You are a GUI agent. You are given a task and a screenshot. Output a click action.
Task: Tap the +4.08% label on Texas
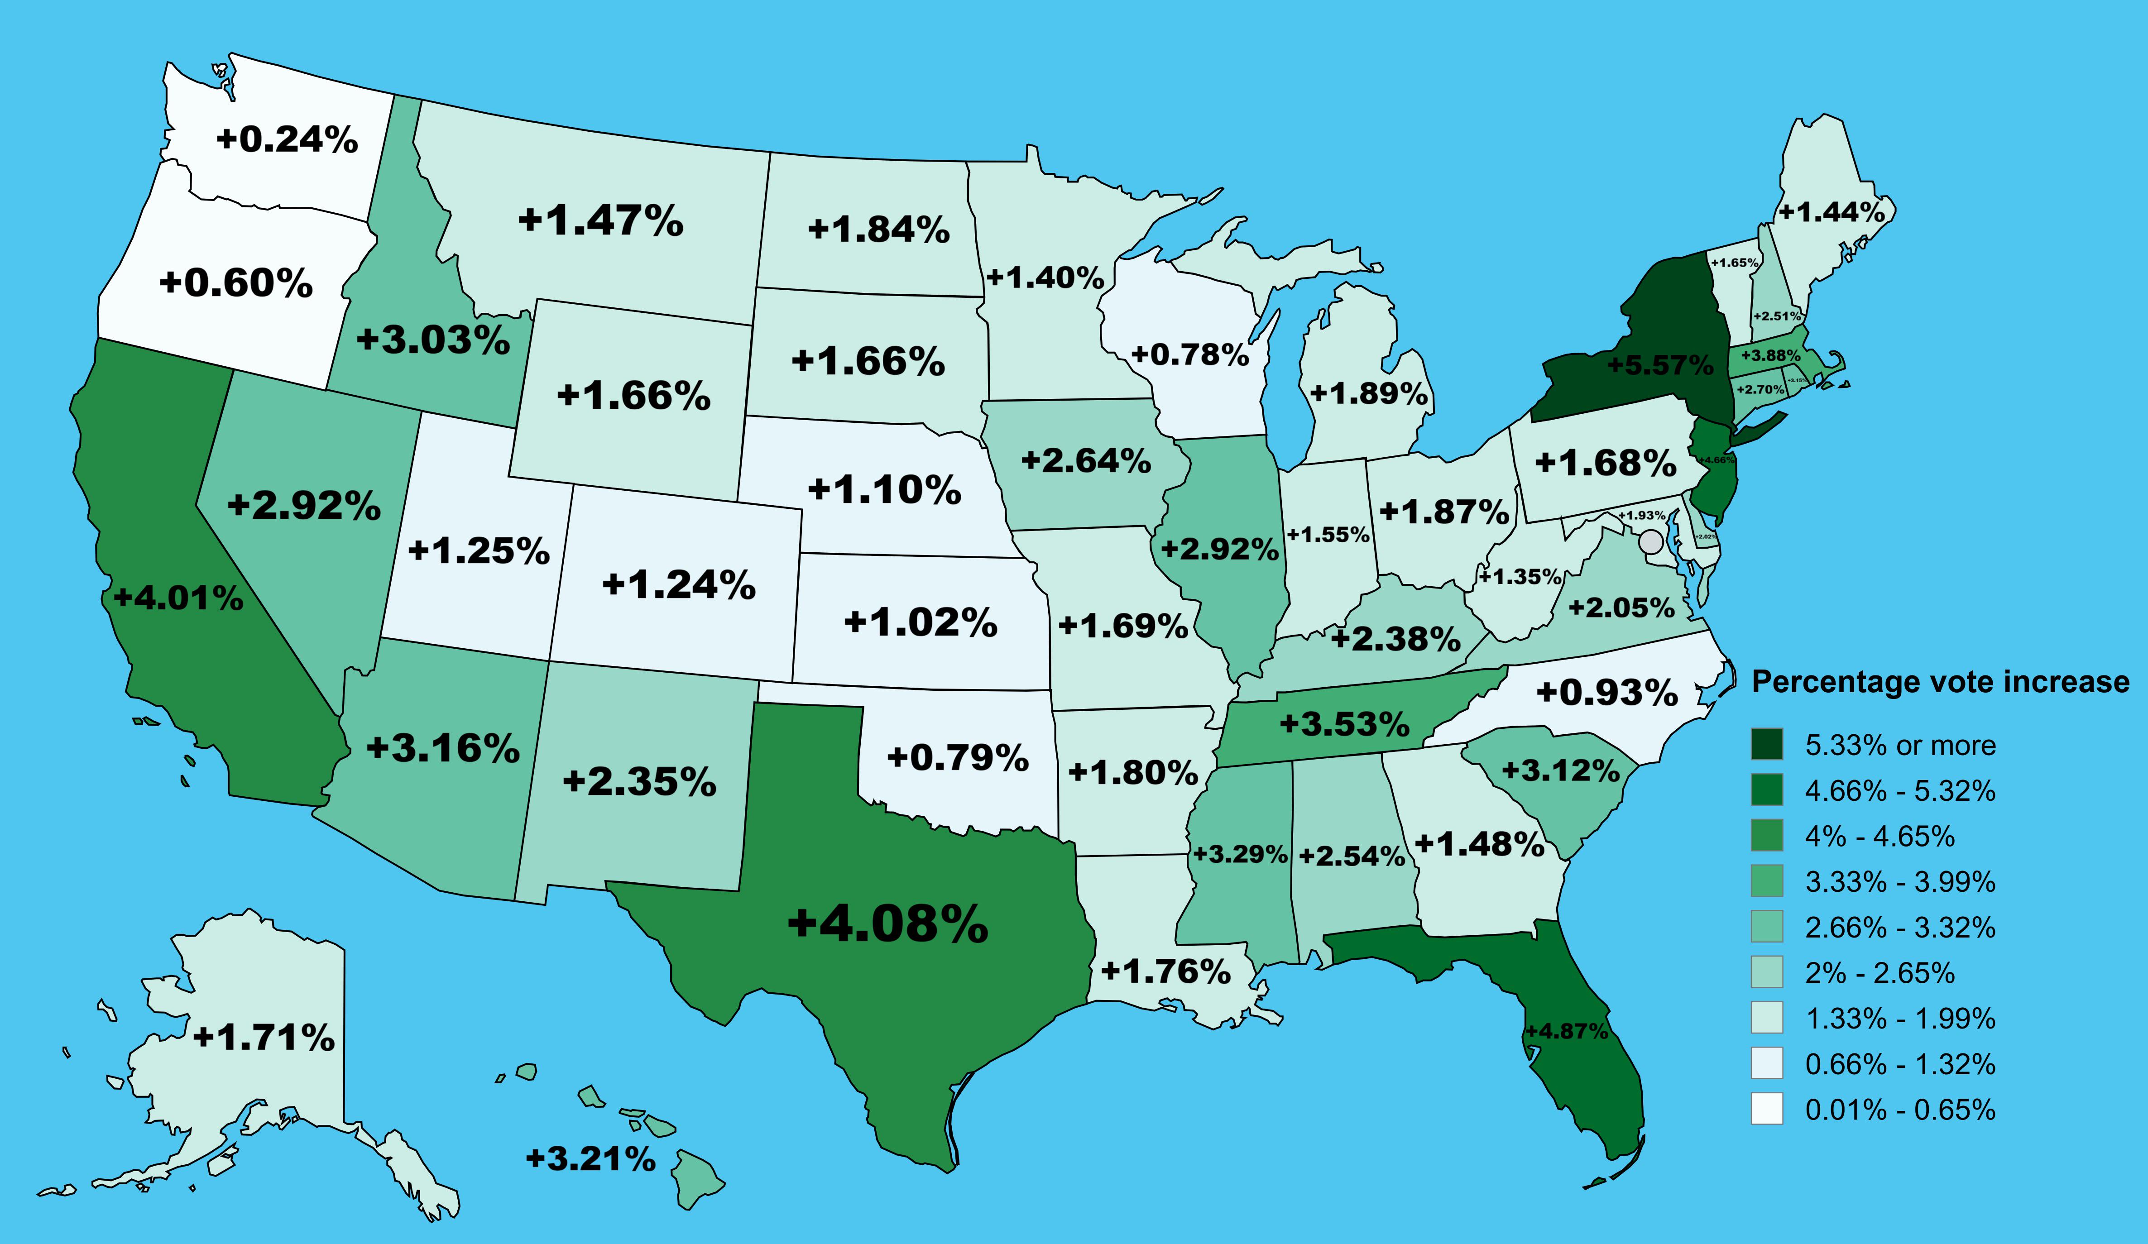tap(887, 923)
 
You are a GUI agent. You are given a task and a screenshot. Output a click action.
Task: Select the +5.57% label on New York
tap(1659, 365)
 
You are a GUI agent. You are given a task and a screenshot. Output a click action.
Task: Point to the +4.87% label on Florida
tap(1567, 1031)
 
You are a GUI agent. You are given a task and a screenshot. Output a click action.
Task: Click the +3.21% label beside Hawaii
tap(591, 1159)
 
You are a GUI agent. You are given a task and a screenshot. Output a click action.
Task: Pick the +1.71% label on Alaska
tap(264, 1037)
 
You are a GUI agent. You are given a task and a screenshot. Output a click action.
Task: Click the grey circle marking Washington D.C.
tap(1651, 541)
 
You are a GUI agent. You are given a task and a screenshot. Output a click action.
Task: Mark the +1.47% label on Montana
tap(600, 220)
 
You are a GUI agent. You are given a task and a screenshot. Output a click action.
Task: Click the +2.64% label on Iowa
tap(1086, 461)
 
